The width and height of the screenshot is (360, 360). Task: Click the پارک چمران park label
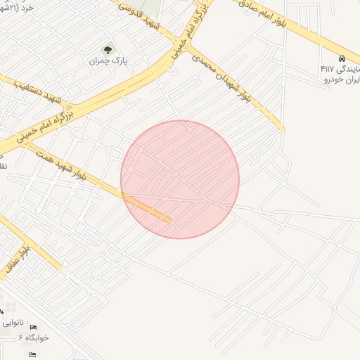(108, 62)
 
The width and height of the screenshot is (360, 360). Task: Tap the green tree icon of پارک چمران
(108, 50)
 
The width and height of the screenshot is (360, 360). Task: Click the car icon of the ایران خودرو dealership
(341, 58)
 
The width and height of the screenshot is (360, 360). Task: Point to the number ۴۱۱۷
(328, 69)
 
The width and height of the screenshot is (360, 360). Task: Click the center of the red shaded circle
(180, 179)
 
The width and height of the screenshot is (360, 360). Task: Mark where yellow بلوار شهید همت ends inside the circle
(170, 221)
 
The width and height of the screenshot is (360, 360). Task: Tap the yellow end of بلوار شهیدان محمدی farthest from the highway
(282, 129)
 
